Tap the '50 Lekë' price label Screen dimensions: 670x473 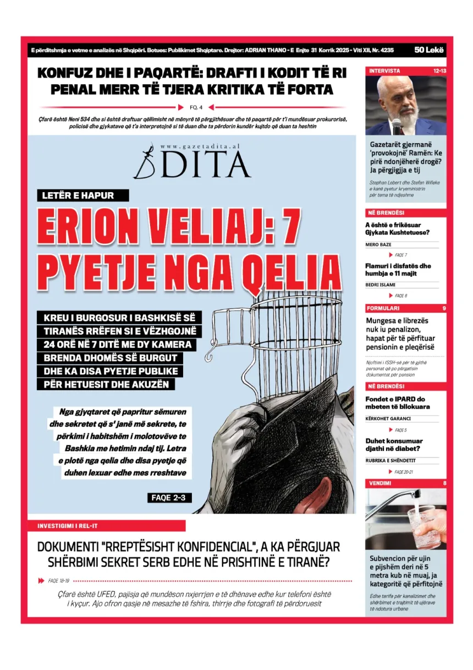click(x=430, y=50)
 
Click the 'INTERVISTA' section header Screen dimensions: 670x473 click(x=384, y=71)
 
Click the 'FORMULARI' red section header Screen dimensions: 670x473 click(x=383, y=308)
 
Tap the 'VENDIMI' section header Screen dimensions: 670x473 click(x=380, y=483)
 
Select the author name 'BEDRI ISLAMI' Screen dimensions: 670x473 click(x=381, y=285)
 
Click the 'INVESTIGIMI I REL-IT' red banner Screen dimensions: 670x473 click(x=68, y=526)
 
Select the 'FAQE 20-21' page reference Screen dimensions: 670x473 click(x=404, y=472)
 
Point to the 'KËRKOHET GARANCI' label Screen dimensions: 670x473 click(x=387, y=419)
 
